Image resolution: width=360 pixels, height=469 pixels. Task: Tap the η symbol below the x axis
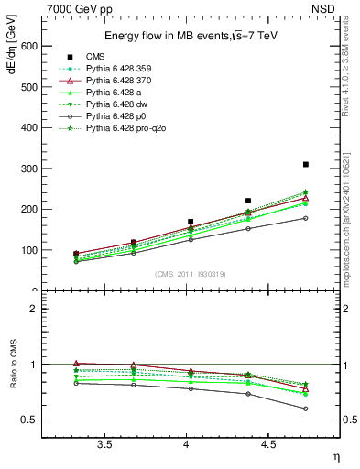[335, 457]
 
